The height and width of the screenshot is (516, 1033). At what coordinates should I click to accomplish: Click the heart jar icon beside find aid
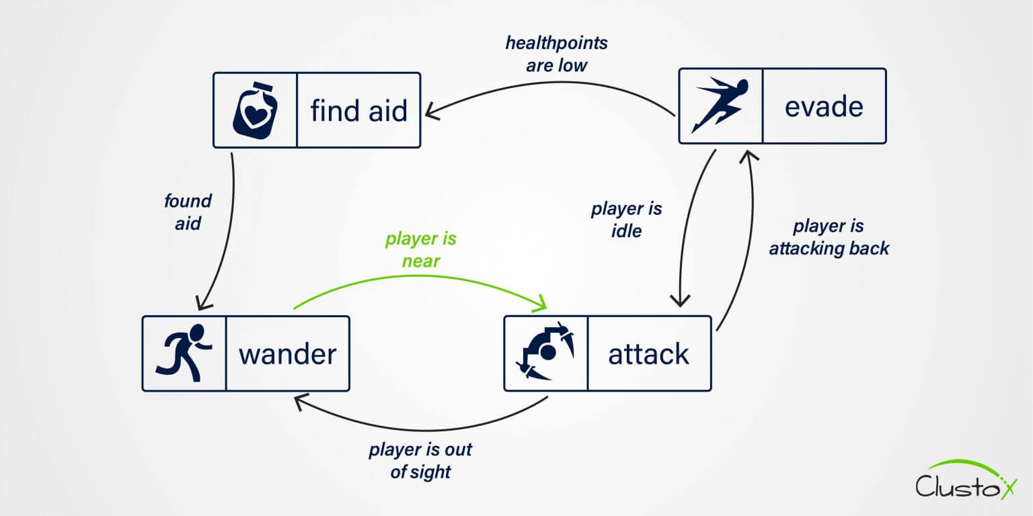254,110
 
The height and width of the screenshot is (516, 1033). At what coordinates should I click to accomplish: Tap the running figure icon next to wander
184,353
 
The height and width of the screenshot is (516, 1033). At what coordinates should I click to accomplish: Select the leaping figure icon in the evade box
720,105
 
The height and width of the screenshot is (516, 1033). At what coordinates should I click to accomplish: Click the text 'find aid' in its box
358,110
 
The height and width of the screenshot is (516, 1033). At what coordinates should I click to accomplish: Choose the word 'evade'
824,106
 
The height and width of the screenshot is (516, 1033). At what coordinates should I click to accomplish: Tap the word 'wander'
287,354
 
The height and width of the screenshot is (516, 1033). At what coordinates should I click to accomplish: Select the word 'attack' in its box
648,354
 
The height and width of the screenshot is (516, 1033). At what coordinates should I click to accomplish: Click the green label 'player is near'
421,250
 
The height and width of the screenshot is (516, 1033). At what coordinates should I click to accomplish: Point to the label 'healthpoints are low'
556,54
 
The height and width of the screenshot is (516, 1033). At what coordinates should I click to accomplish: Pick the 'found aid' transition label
188,212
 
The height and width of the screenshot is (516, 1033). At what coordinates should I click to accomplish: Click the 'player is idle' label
626,220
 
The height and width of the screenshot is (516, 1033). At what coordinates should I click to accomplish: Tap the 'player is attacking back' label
829,237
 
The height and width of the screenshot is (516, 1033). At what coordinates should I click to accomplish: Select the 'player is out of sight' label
420,461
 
